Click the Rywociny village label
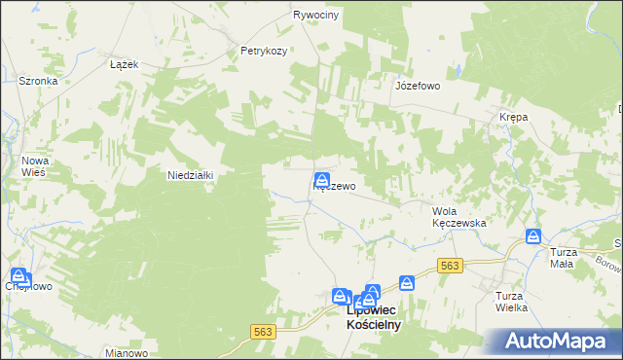tap(315, 16)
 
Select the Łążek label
tap(125, 64)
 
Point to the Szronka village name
tap(39, 82)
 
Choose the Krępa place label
tap(513, 117)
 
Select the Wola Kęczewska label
tap(458, 216)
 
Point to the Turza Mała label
tap(563, 257)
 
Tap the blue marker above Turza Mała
tap(533, 235)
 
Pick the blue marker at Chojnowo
tap(18, 276)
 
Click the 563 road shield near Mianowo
tap(263, 332)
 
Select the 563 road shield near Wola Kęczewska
tap(449, 265)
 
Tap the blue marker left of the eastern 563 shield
tap(407, 282)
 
